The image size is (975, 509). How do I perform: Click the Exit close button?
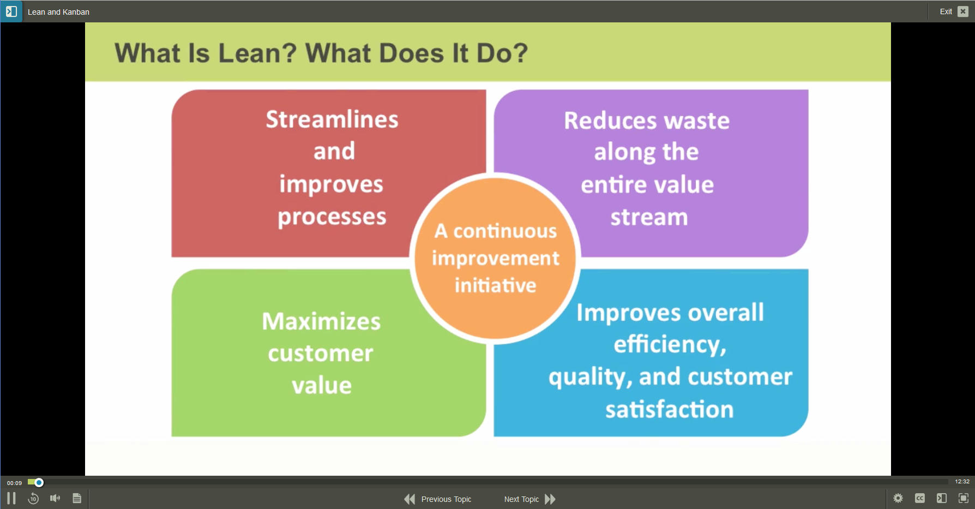[963, 11]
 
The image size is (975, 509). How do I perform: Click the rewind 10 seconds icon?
[33, 498]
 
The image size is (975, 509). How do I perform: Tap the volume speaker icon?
[55, 498]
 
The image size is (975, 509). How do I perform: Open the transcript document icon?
[77, 498]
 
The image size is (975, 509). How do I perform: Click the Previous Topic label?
[446, 499]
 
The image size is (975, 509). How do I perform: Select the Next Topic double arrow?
[550, 499]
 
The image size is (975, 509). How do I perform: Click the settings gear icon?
[898, 498]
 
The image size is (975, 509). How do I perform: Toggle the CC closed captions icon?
[920, 498]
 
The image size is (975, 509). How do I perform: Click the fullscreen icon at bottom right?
[964, 498]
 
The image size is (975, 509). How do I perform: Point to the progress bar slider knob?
[39, 482]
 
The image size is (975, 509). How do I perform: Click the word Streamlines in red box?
[332, 119]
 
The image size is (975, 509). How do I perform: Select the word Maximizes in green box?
[321, 321]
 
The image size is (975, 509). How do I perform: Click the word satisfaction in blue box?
[669, 409]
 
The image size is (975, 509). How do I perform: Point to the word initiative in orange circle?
[495, 285]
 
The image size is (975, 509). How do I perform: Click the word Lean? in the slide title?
[257, 53]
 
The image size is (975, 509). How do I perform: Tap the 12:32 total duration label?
[962, 482]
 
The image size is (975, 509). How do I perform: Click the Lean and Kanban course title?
[58, 12]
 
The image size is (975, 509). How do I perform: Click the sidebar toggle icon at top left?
[11, 11]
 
